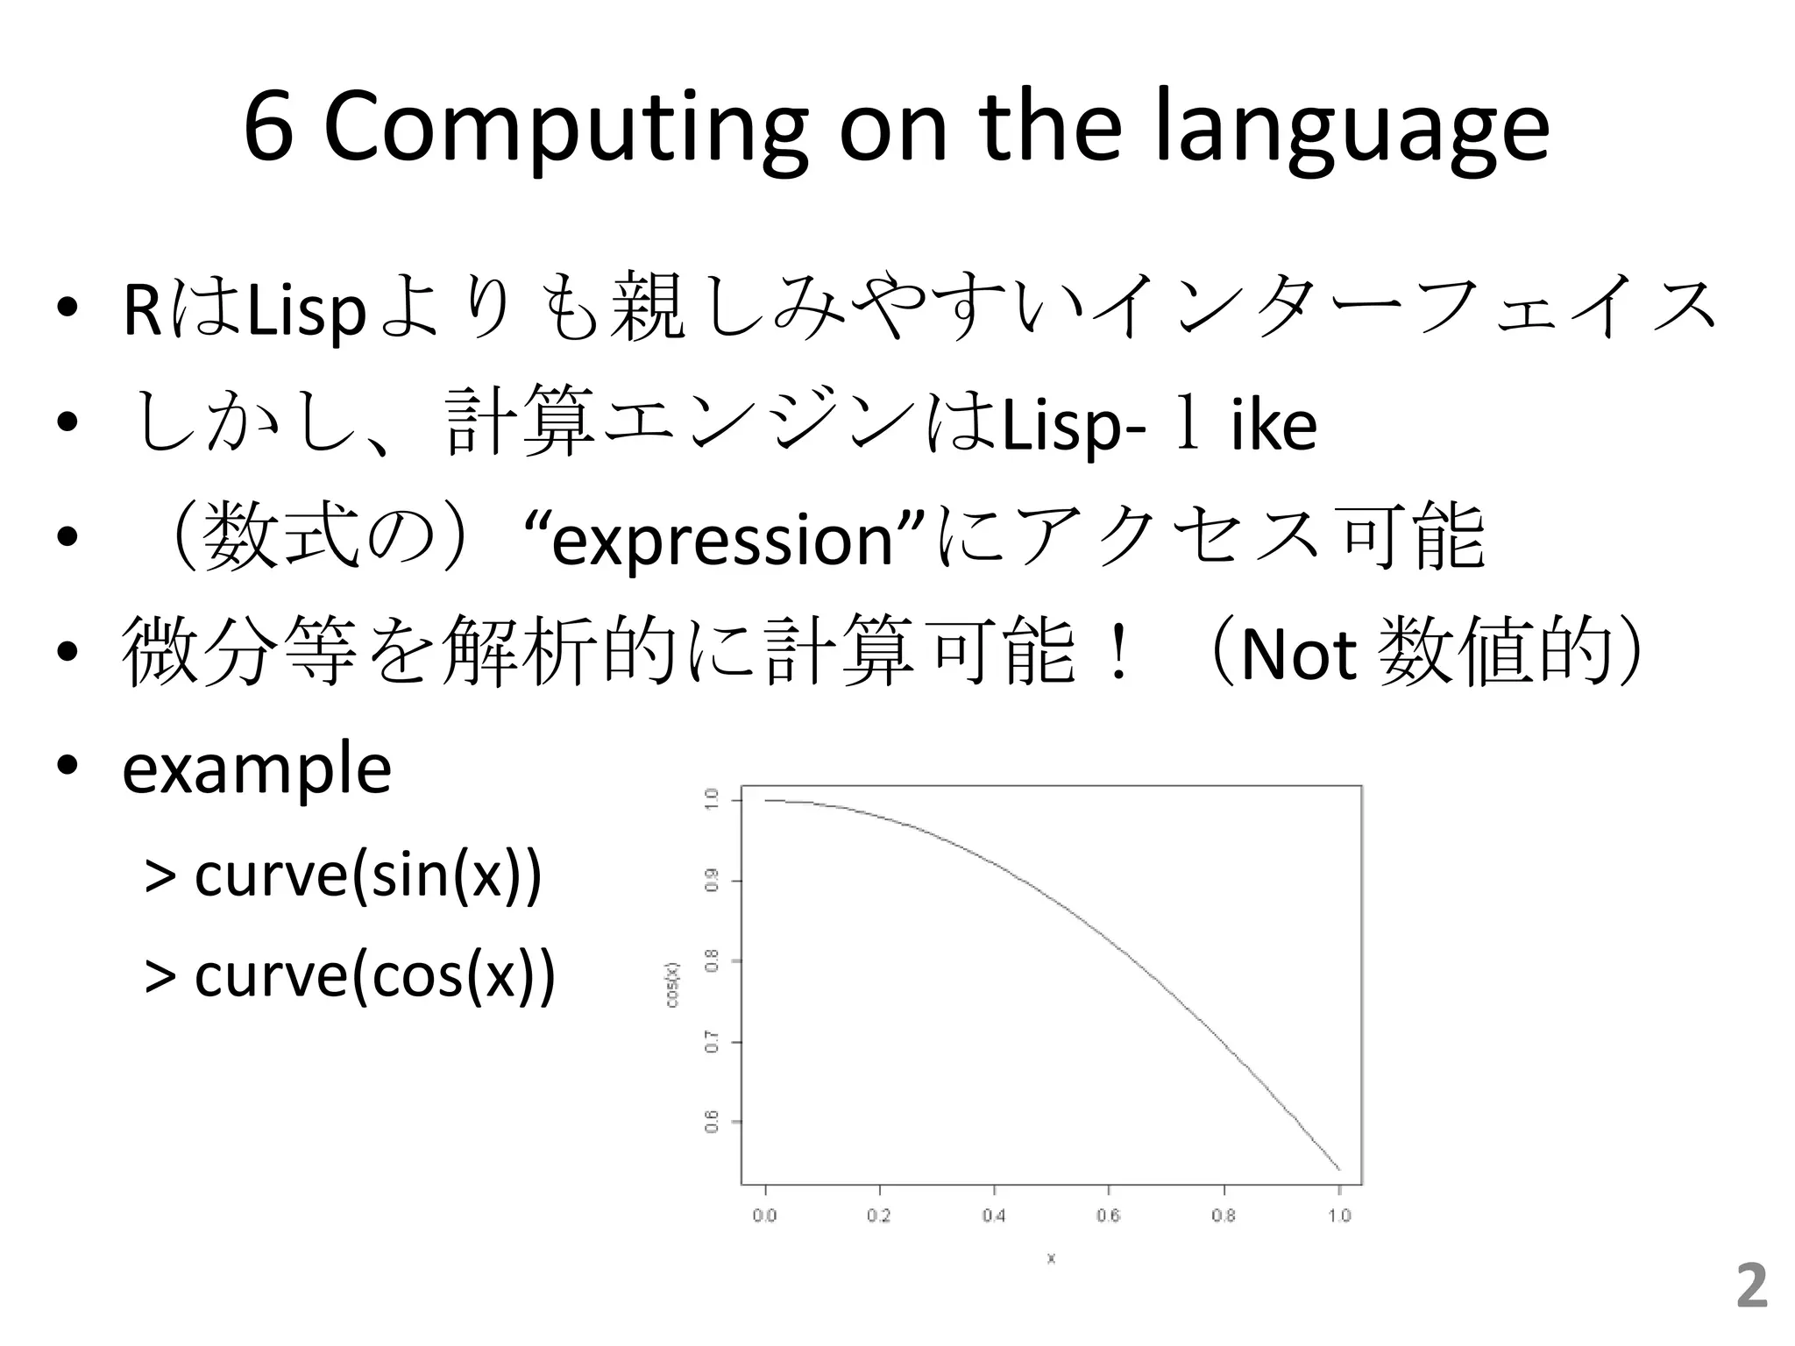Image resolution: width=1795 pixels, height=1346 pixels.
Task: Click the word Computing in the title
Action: [x=565, y=130]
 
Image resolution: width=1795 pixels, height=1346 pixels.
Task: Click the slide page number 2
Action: [x=1751, y=1286]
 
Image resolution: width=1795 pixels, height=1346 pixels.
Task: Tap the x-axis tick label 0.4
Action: [x=994, y=1215]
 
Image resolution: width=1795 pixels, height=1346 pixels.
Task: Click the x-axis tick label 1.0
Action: [x=1339, y=1215]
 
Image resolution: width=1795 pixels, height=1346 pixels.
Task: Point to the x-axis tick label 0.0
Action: [x=764, y=1215]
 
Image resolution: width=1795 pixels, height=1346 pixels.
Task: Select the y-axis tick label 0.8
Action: [x=713, y=960]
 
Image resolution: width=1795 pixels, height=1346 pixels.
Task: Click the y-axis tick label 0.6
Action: [x=713, y=1122]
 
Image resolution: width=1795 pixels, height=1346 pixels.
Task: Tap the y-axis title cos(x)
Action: [x=672, y=985]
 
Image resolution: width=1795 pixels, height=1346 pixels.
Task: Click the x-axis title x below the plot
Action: [x=1051, y=1259]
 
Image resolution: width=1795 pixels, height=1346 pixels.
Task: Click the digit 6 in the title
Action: [x=268, y=130]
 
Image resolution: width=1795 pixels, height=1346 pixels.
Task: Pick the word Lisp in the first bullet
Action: [x=306, y=311]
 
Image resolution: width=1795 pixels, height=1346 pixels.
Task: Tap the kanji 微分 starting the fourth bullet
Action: [x=195, y=653]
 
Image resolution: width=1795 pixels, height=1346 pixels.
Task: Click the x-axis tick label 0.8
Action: [x=1224, y=1215]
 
